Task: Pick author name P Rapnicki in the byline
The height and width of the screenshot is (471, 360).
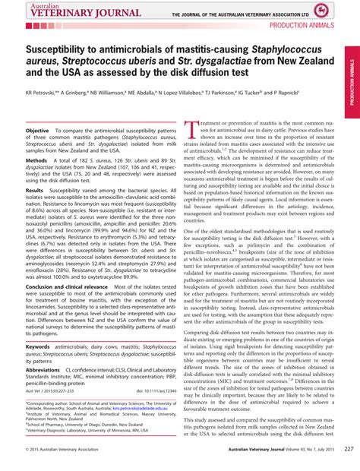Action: click(307, 91)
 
